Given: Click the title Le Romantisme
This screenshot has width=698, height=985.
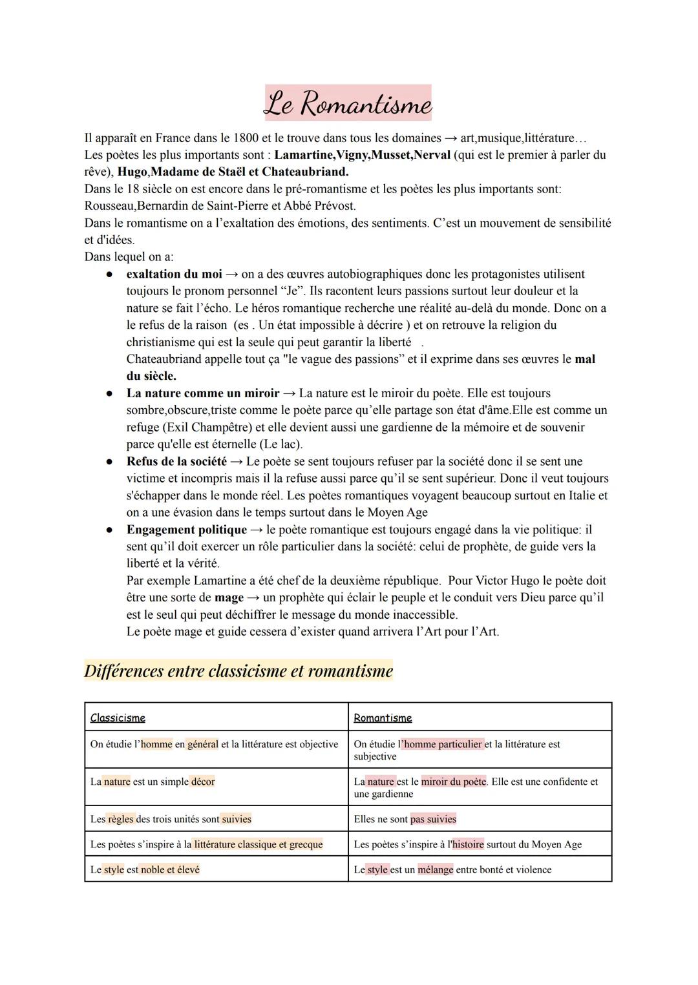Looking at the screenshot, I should pos(348,103).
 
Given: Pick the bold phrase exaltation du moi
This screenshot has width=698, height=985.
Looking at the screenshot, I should pos(174,274).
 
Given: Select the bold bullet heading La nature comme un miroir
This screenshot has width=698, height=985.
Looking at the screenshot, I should pos(202,393).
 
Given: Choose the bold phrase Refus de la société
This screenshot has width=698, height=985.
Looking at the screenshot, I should pos(176,461).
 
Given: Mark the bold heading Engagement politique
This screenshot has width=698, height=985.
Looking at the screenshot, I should pos(186,530).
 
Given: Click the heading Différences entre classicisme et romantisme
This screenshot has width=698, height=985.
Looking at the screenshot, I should pos(238,671).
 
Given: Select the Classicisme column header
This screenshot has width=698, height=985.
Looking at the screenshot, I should pos(118,718).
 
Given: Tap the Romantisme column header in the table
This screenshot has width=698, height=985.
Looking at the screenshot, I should pos(383,718).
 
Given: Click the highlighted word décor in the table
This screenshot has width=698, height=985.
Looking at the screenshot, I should pos(203,782).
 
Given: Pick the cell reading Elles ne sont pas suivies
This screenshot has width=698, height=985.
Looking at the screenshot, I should pos(405,819).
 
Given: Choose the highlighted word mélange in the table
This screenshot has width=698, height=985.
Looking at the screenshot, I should pos(436,869).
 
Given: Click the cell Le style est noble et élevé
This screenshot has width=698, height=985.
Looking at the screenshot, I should pos(145,869).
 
